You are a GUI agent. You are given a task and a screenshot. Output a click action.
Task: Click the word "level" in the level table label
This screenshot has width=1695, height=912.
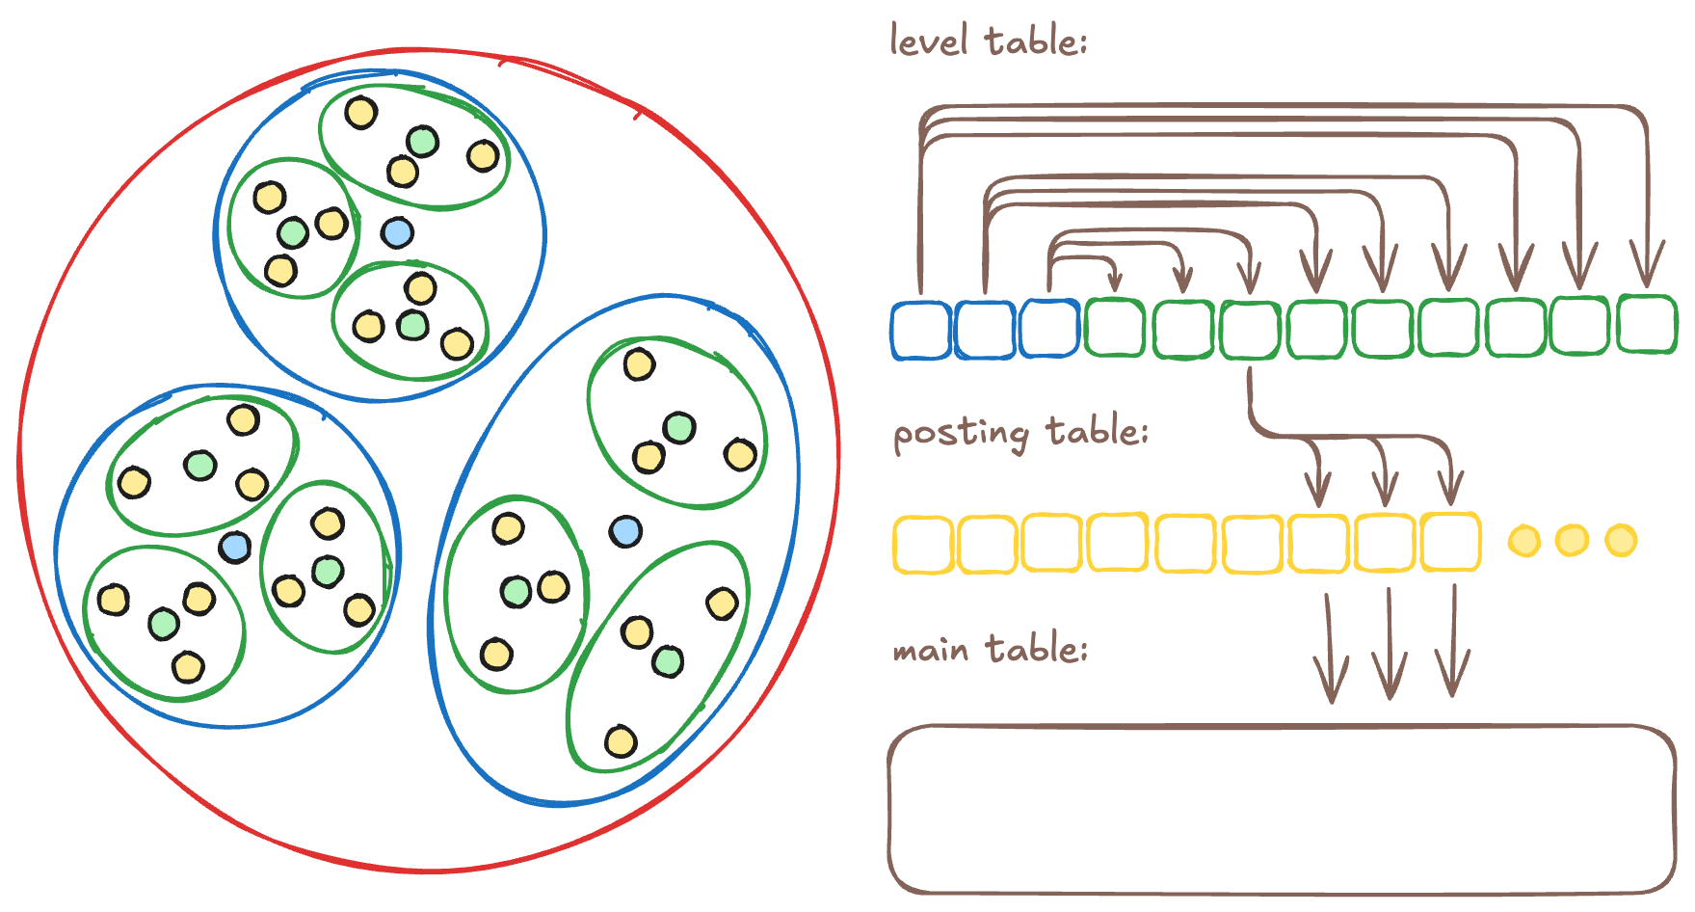tap(928, 41)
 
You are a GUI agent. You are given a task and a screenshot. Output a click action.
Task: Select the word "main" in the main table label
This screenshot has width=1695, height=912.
tap(930, 651)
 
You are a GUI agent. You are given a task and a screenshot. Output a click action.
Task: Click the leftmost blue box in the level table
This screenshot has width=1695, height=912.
tap(920, 330)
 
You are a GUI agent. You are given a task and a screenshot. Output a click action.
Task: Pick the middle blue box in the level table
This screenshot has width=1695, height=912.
tap(984, 330)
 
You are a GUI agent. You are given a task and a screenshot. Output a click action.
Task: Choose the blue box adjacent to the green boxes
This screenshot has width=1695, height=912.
tap(1048, 329)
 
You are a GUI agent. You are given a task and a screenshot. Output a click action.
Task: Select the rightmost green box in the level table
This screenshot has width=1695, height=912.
tap(1648, 324)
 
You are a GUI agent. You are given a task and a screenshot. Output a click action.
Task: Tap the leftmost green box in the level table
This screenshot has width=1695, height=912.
tap(1115, 328)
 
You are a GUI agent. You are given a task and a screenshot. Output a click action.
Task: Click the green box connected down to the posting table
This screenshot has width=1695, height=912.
tap(1250, 330)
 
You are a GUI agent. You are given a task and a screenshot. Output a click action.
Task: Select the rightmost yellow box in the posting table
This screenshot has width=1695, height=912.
tap(1450, 542)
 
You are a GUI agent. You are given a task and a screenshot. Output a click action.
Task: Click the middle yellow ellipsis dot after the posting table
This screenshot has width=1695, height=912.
tap(1572, 540)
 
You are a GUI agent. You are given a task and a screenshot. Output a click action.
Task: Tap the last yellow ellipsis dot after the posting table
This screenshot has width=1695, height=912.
tap(1621, 540)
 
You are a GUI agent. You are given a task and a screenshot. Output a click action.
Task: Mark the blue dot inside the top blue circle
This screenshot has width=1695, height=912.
tap(397, 232)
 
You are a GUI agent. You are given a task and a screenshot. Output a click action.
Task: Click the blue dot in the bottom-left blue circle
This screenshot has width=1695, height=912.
tap(234, 548)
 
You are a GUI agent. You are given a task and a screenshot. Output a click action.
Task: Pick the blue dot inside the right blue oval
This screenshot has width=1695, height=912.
tap(625, 531)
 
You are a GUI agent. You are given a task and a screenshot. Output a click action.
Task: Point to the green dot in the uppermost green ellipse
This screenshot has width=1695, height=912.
tap(422, 142)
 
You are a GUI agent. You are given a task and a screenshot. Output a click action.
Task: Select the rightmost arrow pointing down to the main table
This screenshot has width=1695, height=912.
tap(1452, 641)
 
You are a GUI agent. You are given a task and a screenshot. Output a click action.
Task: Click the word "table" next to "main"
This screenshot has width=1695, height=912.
tap(1037, 649)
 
